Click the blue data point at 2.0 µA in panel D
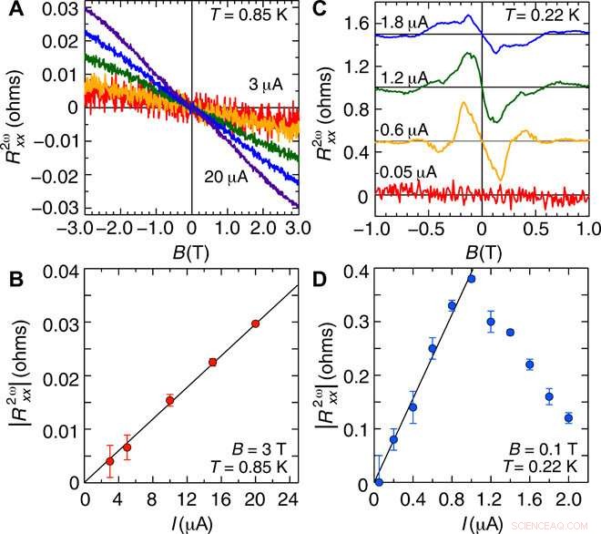(569, 418)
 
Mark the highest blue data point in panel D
(471, 279)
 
